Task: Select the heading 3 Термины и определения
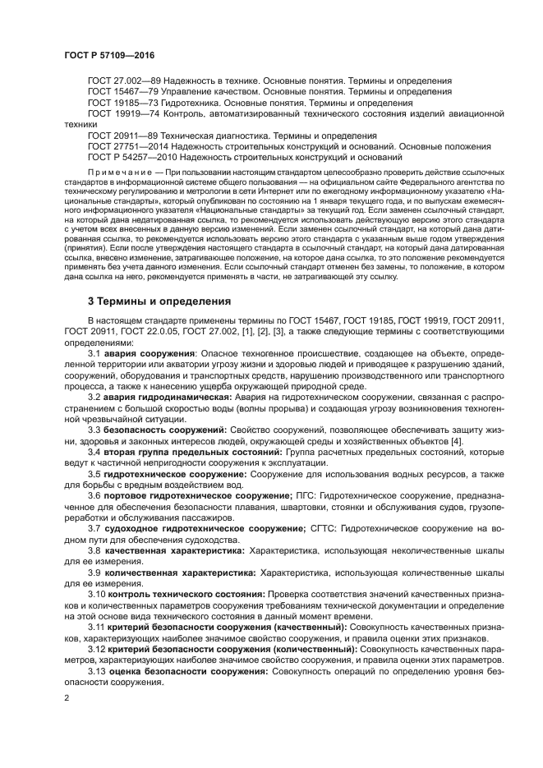click(x=159, y=301)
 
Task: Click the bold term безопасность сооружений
click(x=169, y=430)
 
